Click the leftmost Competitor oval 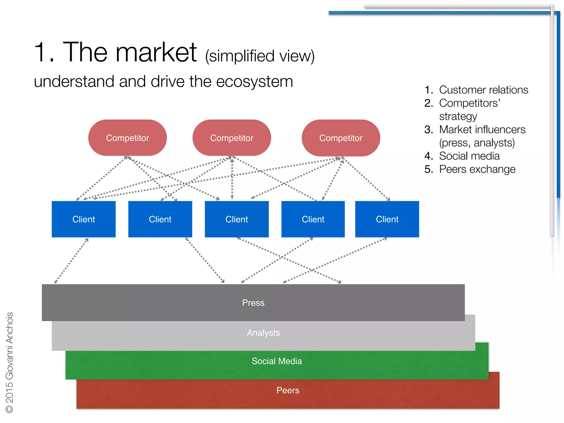coord(128,138)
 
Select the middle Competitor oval coord(232,138)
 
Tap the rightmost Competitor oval coord(341,138)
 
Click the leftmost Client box coord(84,219)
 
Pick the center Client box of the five coord(237,219)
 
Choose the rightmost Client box coord(387,219)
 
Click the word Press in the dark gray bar coord(253,303)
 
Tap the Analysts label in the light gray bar coord(264,333)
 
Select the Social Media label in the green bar coord(277,361)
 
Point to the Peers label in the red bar coord(288,390)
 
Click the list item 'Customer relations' coord(484,90)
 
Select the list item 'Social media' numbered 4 coord(469,156)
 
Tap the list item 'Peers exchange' coord(477,169)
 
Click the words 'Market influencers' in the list coord(482,130)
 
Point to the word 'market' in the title coord(156,52)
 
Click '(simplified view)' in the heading coord(260,56)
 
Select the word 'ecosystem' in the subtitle coord(254,82)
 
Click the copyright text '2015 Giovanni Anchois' coord(10,358)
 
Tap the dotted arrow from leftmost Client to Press coord(71,261)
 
